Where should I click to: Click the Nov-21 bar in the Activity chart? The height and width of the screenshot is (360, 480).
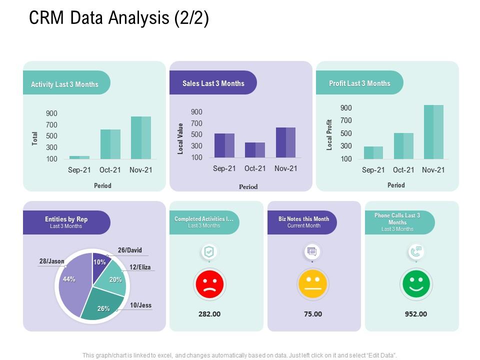[x=141, y=137]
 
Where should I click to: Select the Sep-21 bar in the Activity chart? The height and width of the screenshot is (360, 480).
[x=79, y=157]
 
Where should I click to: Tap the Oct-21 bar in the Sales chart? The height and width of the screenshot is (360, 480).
[x=255, y=150]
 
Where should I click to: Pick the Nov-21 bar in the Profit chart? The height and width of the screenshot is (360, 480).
[x=433, y=132]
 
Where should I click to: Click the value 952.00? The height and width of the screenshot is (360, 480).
[x=416, y=314]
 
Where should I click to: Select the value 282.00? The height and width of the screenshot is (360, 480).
[x=209, y=314]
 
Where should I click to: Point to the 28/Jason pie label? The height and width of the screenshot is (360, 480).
[x=51, y=261]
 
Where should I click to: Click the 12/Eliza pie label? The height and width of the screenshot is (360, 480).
[x=140, y=267]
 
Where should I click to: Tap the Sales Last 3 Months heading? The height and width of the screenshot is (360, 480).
[x=213, y=83]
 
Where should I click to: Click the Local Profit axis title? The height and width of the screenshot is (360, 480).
[x=329, y=135]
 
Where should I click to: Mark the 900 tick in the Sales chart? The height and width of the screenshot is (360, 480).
[x=196, y=112]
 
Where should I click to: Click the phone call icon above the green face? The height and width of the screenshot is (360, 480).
[x=416, y=251]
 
